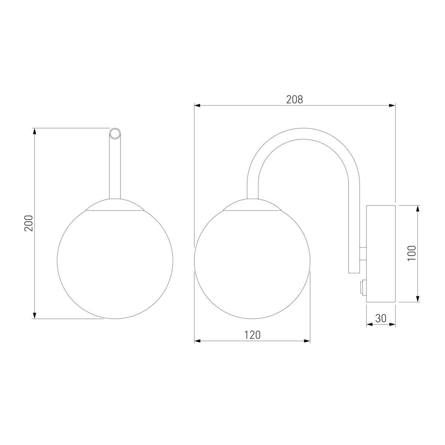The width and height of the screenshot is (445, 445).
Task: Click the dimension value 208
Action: point(294,99)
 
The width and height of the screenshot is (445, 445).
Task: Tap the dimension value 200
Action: point(29,223)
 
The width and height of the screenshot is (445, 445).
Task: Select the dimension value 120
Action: point(252,335)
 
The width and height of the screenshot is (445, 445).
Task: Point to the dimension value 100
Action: point(412,253)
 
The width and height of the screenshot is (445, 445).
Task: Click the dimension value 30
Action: point(381,319)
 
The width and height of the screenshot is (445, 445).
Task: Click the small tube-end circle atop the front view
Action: point(115,134)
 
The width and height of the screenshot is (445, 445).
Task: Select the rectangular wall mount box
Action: point(381,254)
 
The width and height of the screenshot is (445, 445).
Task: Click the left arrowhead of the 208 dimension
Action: point(197,106)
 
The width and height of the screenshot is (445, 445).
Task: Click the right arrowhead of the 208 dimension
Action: point(392,106)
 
